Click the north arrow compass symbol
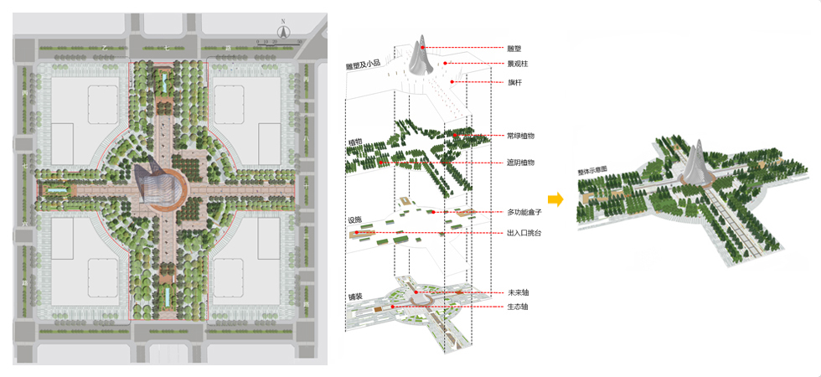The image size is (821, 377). [x=284, y=32]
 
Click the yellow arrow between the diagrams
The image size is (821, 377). [x=554, y=199]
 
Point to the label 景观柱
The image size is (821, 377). [x=517, y=64]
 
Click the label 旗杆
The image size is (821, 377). [x=514, y=82]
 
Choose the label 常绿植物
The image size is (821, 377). [x=520, y=135]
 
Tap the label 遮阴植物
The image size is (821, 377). [x=520, y=163]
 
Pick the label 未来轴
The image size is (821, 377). [x=518, y=292]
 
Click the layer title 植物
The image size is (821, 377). [x=354, y=143]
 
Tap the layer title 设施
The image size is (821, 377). [x=354, y=220]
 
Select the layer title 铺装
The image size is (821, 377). [x=354, y=297]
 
